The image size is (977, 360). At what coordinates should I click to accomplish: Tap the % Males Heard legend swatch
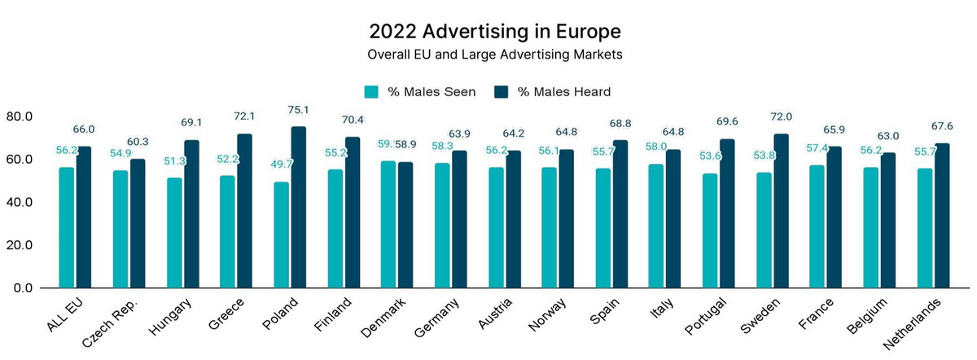tap(502, 91)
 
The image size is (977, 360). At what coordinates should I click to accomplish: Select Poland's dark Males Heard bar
tap(298, 207)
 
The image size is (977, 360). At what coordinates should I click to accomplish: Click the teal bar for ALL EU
tap(66, 227)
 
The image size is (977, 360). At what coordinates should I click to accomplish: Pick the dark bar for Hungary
tap(191, 213)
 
